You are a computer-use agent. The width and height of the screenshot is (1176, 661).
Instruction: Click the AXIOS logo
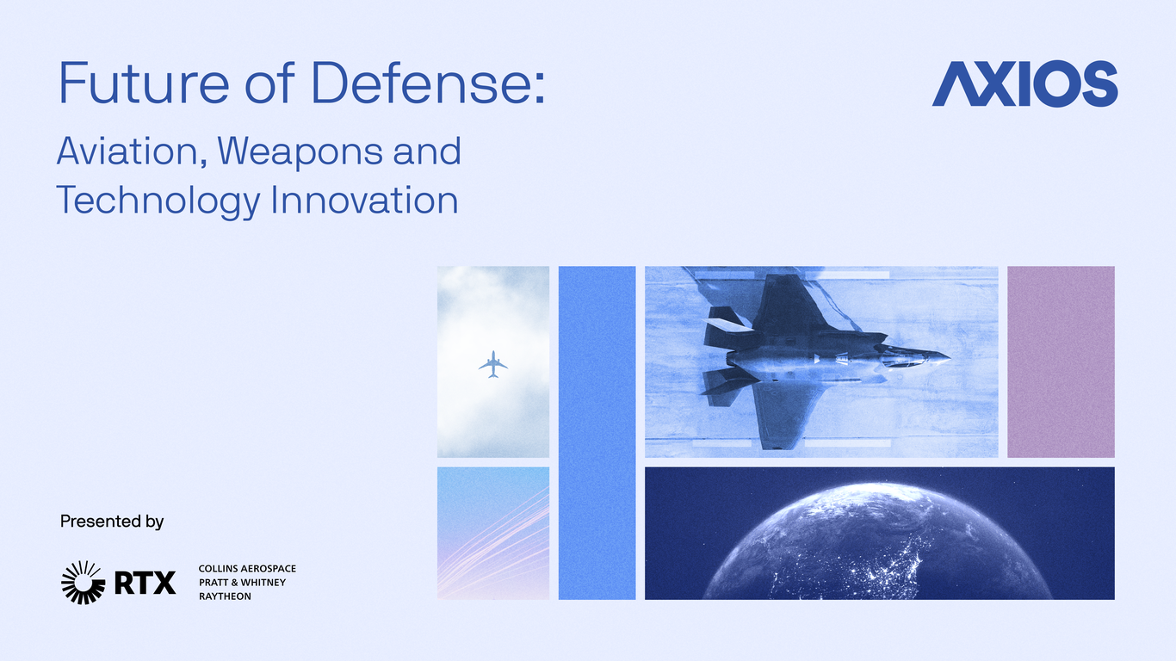[1024, 83]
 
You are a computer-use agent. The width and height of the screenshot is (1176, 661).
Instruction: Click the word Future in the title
[144, 83]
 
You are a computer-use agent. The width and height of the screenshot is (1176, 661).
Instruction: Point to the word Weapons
[300, 153]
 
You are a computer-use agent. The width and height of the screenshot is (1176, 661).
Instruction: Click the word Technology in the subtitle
[158, 201]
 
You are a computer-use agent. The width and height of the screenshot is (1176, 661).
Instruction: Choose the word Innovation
[364, 200]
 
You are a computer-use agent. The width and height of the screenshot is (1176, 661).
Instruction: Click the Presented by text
[112, 522]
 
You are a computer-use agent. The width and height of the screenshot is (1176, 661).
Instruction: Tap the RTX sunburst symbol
[83, 582]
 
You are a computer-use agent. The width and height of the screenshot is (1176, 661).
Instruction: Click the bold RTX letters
[145, 583]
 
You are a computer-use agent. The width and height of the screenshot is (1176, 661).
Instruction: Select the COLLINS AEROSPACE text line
[247, 569]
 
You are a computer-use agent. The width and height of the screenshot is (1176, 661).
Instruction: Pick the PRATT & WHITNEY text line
[242, 582]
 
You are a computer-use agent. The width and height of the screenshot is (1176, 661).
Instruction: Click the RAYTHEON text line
[225, 596]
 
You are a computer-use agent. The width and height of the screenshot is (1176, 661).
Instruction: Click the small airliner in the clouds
[493, 364]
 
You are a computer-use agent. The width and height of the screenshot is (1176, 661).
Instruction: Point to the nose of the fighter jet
[950, 359]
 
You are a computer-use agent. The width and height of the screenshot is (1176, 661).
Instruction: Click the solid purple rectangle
[1061, 361]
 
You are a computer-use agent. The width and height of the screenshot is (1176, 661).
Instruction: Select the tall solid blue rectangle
[597, 433]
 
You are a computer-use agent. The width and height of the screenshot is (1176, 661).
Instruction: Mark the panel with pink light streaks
[493, 534]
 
